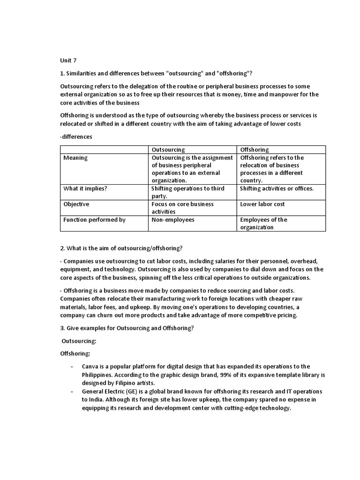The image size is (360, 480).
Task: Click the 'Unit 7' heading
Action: [x=68, y=61]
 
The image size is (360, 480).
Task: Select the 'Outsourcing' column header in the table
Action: [x=168, y=150]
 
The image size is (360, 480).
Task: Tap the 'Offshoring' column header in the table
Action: [x=254, y=150]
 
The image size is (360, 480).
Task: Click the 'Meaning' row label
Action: [x=75, y=158]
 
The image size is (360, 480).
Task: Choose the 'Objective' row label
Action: [x=76, y=204]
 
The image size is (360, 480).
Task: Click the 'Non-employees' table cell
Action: [x=172, y=219]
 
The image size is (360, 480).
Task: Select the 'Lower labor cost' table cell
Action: [x=262, y=204]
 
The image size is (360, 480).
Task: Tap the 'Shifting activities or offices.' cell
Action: [x=277, y=188]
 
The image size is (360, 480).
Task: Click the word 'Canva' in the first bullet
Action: [x=90, y=366]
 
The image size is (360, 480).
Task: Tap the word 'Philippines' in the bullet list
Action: [x=98, y=375]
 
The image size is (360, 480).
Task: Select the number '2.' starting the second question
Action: [x=63, y=248]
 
